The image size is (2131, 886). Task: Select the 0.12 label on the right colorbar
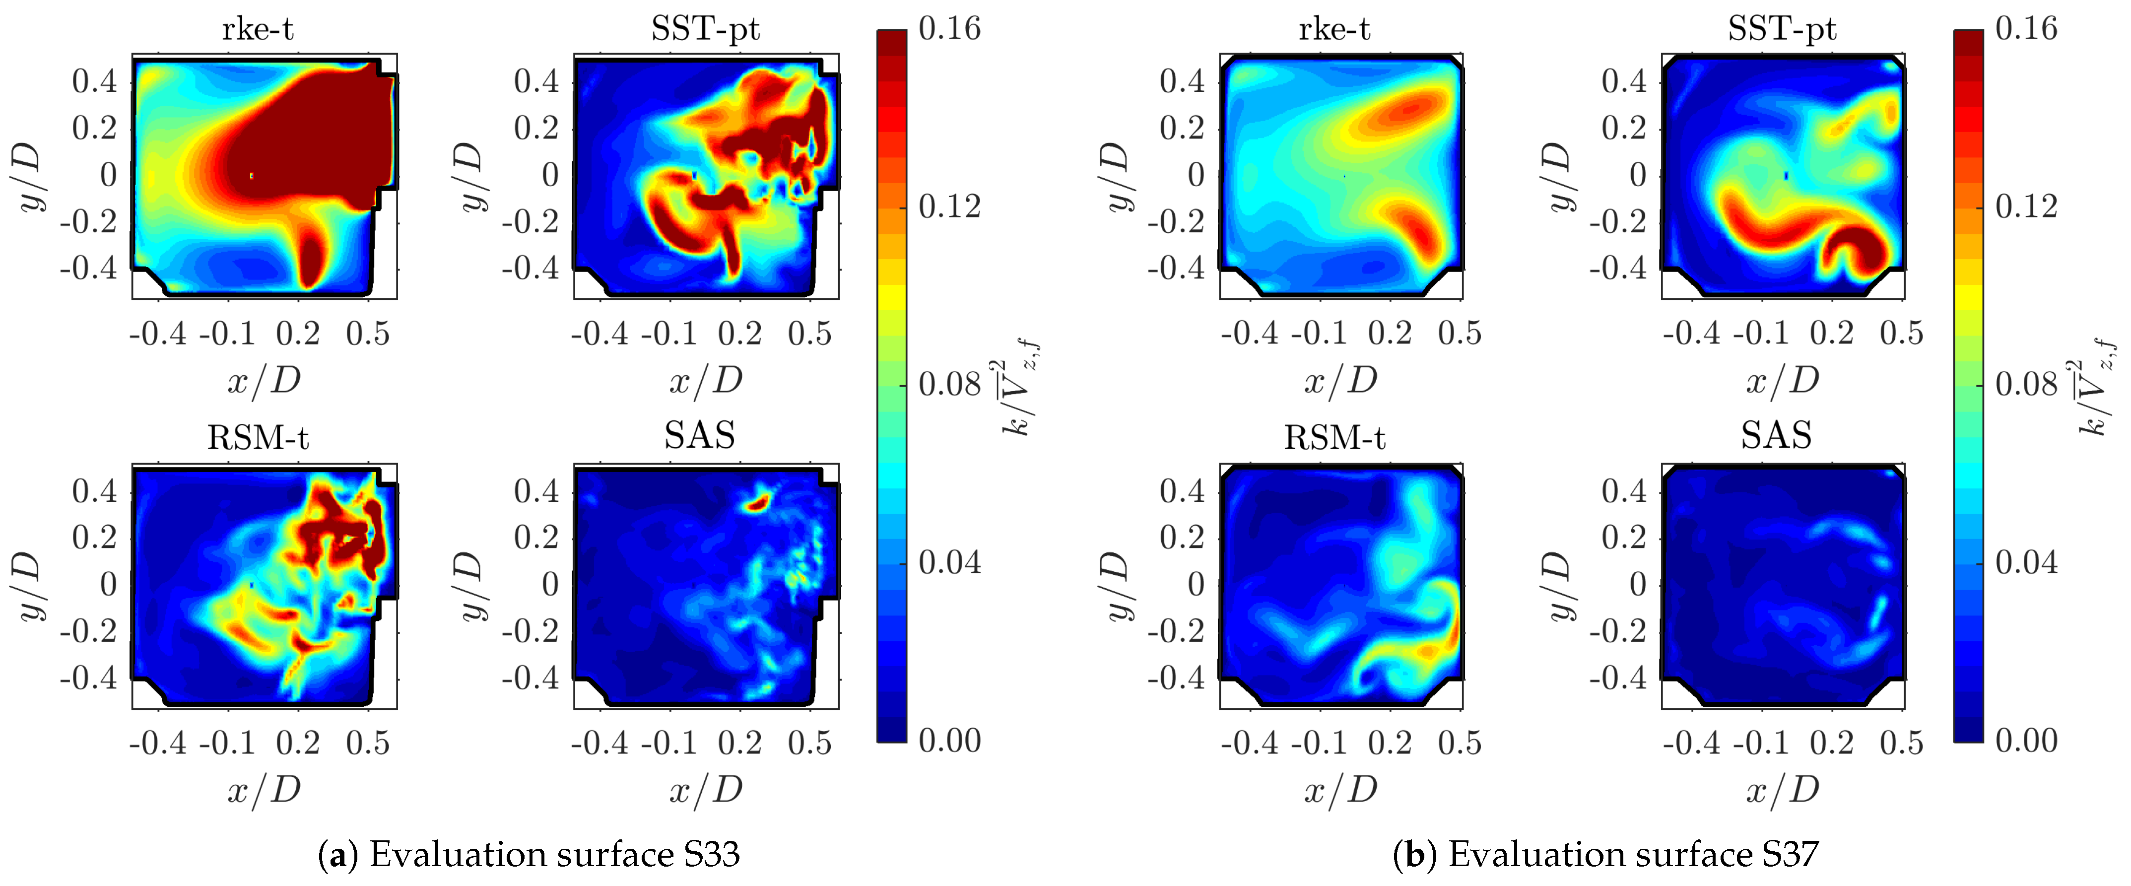(2025, 206)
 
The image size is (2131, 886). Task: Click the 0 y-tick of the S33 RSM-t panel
(108, 584)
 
